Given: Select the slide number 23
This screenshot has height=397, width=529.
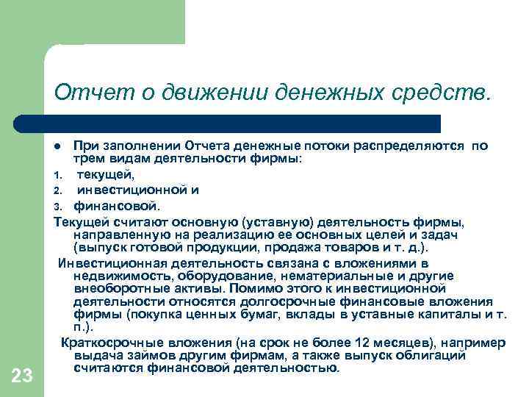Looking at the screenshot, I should click(x=22, y=376).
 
